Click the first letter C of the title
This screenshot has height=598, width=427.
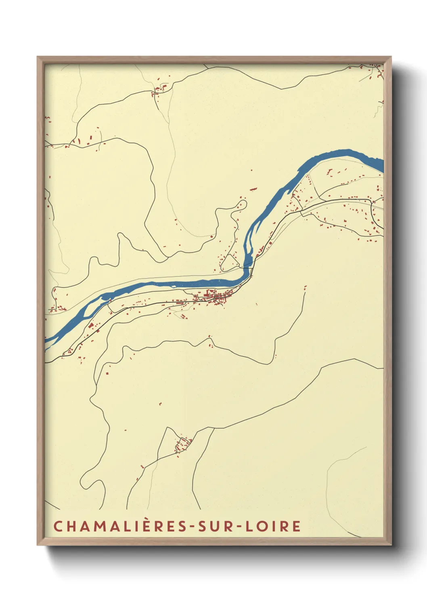click(58, 526)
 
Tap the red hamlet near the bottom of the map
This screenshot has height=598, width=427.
click(183, 445)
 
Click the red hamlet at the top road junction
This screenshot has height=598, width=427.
click(159, 90)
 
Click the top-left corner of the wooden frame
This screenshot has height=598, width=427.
click(38, 57)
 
